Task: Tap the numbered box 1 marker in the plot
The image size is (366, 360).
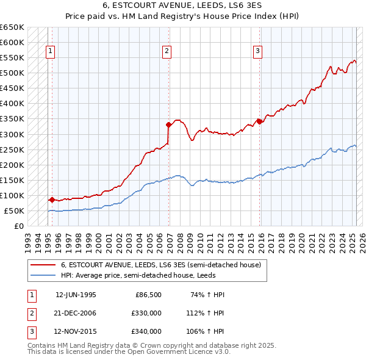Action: (49, 52)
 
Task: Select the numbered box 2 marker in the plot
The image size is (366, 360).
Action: (167, 52)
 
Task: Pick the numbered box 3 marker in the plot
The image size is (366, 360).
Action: (258, 52)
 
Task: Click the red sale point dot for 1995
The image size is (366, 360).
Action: (52, 200)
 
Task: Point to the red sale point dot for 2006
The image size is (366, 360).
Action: (168, 124)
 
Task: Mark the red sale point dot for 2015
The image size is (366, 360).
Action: (259, 121)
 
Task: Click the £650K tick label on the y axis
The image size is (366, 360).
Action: (12, 27)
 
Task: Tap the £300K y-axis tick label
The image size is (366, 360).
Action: (12, 134)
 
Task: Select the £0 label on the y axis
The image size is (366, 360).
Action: (19, 226)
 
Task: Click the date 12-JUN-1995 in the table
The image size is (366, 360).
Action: (76, 295)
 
